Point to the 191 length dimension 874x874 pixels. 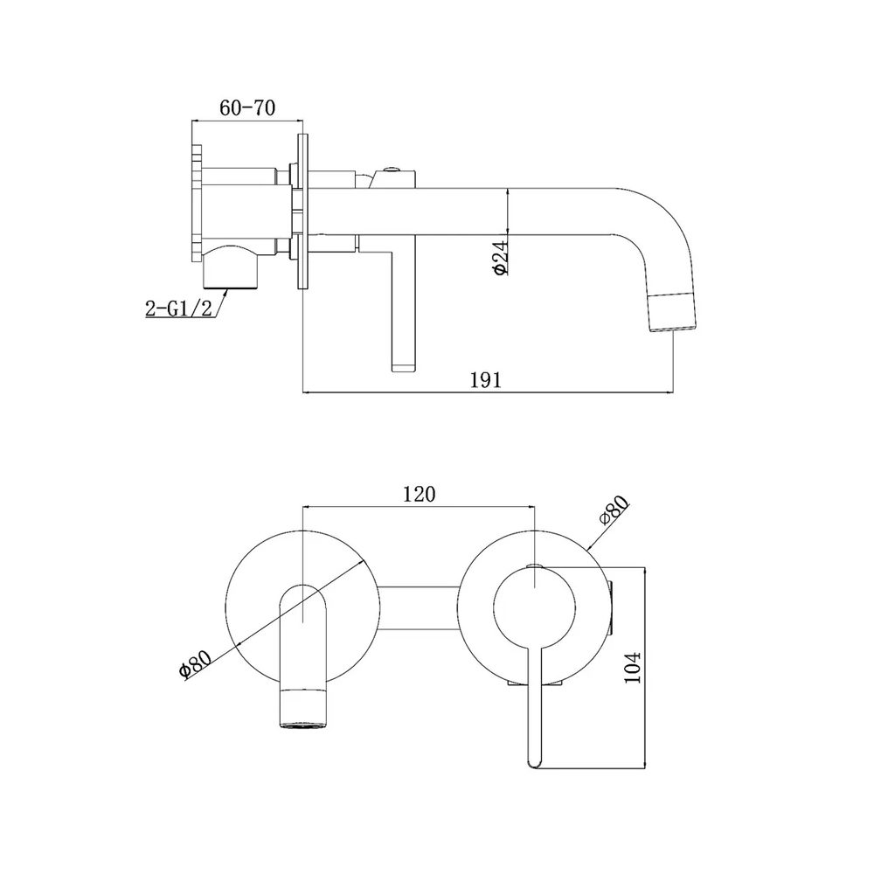[x=486, y=379]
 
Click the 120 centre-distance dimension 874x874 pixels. [x=418, y=494]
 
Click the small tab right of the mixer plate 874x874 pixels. [x=612, y=607]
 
